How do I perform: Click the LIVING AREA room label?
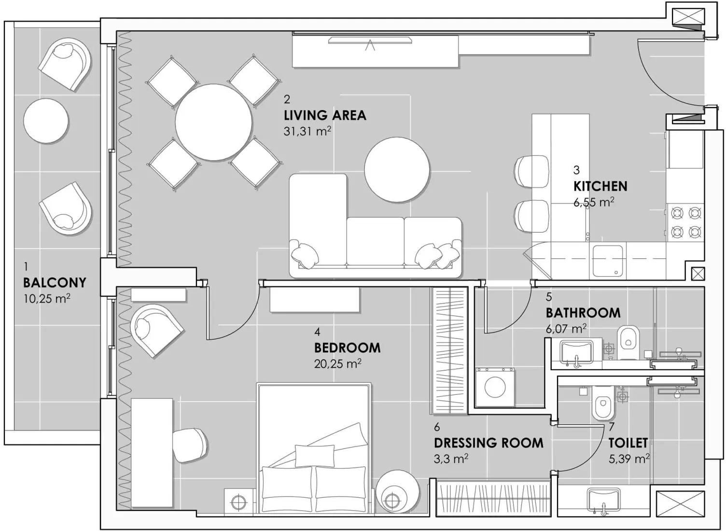(x=325, y=115)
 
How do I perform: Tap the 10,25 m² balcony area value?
(x=47, y=299)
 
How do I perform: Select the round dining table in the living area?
(x=213, y=122)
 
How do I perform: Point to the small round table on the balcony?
(x=46, y=121)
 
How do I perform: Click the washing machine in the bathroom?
(x=495, y=387)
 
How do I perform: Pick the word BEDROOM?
(x=347, y=348)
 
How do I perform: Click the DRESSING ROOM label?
(x=489, y=443)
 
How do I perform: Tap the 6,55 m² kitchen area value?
(x=594, y=202)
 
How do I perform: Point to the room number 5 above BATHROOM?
(x=549, y=297)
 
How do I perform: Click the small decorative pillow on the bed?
(x=314, y=455)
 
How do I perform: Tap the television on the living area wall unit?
(x=370, y=41)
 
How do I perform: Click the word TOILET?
(x=628, y=443)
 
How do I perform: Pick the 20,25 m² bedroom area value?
(x=337, y=364)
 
